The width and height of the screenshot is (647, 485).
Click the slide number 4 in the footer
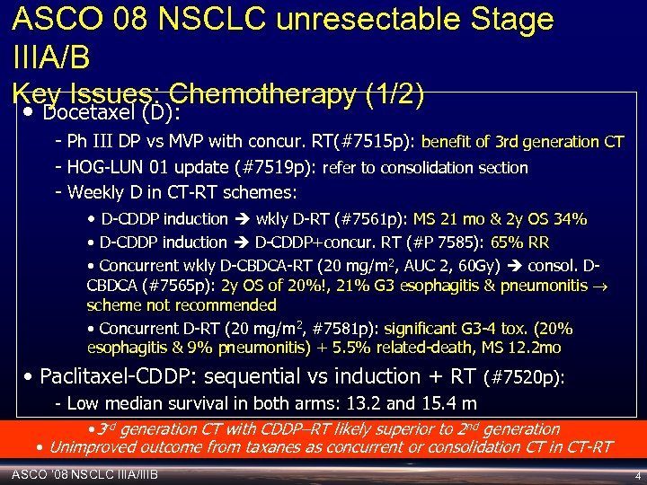pos(636,475)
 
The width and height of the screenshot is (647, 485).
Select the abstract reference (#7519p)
pos(273,167)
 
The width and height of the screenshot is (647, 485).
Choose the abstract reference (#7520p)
pos(524,378)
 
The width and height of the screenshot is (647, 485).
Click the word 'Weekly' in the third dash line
pos(93,192)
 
